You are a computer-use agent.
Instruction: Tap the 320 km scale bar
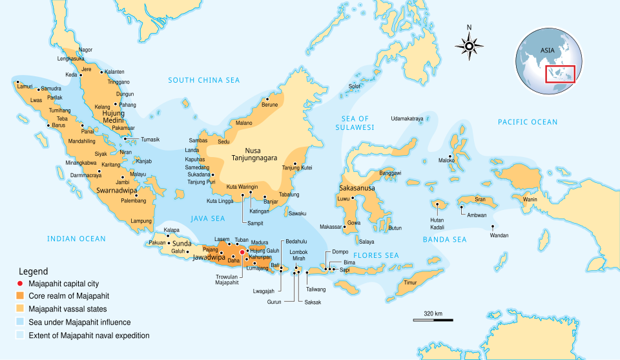[433, 319]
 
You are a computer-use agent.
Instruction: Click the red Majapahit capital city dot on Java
[242, 252]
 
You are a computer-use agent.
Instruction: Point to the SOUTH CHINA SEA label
[203, 80]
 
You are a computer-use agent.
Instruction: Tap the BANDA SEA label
[444, 240]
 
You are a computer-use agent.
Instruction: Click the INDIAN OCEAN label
[76, 239]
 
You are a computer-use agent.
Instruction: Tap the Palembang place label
[134, 201]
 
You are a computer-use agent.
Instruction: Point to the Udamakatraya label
[407, 119]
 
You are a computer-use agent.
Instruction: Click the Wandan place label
[499, 235]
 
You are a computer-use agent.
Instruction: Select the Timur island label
[410, 282]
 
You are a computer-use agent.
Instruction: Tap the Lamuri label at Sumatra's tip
[25, 86]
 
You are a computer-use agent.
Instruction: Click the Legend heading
[33, 271]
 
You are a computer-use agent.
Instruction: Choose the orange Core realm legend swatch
[20, 295]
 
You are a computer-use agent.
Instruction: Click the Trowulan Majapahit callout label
[227, 279]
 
